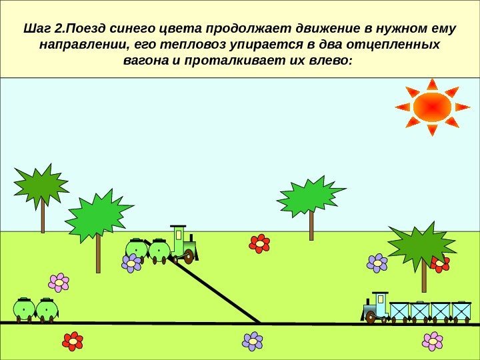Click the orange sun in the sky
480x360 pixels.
(432, 107)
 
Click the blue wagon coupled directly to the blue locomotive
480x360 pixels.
(399, 311)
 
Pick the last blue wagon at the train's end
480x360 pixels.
(461, 311)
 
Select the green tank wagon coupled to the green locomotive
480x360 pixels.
(159, 251)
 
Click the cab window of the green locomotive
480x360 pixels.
(179, 235)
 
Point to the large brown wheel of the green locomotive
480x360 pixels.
(189, 256)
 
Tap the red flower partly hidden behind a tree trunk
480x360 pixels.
(439, 264)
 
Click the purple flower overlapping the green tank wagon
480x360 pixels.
(131, 263)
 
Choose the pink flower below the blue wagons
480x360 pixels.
(433, 341)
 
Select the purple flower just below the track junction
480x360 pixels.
(253, 341)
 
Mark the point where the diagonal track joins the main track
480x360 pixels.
(261, 323)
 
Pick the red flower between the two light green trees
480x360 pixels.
(259, 244)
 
